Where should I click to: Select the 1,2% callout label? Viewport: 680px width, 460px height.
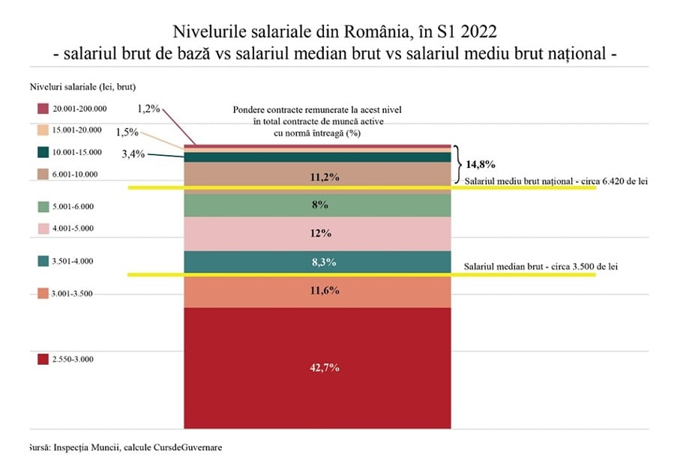149,109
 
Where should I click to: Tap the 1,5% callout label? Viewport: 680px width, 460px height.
127,132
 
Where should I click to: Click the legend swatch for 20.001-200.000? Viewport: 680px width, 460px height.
43,109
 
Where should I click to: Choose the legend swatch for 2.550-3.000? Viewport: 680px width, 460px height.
43,359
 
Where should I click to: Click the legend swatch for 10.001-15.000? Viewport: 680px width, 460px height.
43,152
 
